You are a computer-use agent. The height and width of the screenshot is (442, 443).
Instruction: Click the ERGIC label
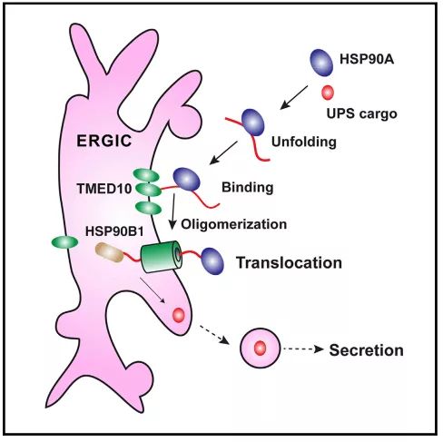click(104, 141)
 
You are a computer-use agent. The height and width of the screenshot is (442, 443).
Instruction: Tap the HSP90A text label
click(367, 59)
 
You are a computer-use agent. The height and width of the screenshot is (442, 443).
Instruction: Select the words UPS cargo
click(362, 114)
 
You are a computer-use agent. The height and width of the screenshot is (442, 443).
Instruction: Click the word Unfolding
click(304, 142)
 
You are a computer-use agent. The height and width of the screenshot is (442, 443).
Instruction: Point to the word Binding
click(248, 188)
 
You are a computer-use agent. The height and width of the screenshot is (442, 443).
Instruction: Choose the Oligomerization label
click(234, 224)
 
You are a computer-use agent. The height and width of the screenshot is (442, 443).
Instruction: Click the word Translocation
click(289, 262)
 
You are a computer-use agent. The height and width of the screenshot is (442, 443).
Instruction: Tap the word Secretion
click(366, 350)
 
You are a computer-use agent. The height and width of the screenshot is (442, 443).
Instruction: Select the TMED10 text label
click(104, 189)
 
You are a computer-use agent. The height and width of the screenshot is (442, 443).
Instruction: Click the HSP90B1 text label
click(114, 231)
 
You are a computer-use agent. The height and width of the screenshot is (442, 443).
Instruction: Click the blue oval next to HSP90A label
click(321, 63)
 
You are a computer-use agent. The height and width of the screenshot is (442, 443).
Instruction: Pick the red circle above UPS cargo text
click(328, 93)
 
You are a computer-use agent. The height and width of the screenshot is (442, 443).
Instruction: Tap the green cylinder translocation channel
click(162, 257)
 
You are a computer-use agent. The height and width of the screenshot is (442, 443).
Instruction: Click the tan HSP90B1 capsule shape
click(109, 252)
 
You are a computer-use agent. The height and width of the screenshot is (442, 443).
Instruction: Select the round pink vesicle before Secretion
click(260, 348)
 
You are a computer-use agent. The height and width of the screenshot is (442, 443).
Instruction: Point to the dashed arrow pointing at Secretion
click(303, 349)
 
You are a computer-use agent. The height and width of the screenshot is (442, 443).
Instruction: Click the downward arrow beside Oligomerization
click(172, 211)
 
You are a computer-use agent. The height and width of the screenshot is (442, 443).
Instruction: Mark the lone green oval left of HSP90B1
click(64, 242)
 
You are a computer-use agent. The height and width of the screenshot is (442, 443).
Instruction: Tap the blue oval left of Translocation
click(212, 261)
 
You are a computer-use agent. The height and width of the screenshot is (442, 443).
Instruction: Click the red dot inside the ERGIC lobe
click(178, 315)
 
